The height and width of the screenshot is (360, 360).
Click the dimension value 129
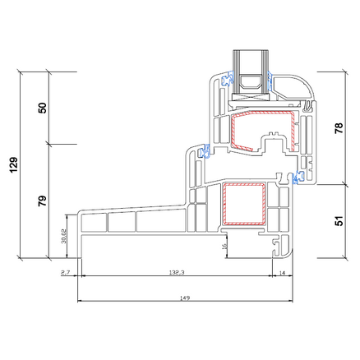click(x=14, y=165)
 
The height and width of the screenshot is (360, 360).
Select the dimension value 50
click(x=43, y=108)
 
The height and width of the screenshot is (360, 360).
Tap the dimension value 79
click(x=43, y=201)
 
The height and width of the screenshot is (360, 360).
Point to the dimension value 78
click(x=339, y=128)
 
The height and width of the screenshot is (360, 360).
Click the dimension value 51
click(x=339, y=220)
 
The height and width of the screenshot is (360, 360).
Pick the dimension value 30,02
click(x=63, y=236)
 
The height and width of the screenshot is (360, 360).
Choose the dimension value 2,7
click(x=65, y=273)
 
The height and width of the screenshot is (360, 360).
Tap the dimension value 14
click(x=282, y=273)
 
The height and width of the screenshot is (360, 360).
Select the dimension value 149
click(x=185, y=298)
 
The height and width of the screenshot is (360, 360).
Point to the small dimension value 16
click(x=224, y=246)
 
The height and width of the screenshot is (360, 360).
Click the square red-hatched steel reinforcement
click(x=244, y=204)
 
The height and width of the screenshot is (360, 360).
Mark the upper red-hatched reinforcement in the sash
click(x=263, y=131)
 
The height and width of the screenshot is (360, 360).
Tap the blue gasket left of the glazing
click(x=227, y=78)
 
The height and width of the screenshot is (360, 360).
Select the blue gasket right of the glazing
click(x=270, y=81)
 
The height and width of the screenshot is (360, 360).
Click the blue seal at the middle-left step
click(x=204, y=151)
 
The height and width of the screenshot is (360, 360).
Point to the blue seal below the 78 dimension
click(x=298, y=177)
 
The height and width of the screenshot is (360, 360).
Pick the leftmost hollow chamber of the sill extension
click(x=94, y=222)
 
